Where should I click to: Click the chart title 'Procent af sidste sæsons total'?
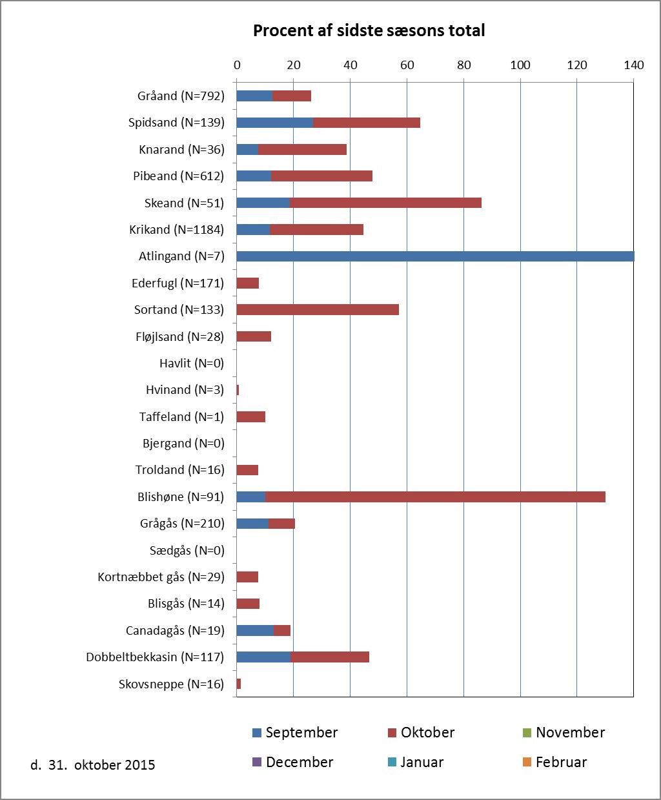[369, 30]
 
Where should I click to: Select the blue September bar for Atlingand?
[436, 256]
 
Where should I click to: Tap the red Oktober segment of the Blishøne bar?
[436, 497]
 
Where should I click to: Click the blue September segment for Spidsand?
[275, 123]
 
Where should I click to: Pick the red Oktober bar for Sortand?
[318, 309]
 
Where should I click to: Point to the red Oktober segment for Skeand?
[385, 203]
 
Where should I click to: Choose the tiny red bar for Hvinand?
[238, 390]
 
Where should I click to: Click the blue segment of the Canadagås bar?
[255, 630]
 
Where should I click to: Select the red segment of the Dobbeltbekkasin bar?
[330, 657]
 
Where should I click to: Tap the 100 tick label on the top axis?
[520, 65]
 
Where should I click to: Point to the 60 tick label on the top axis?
[407, 65]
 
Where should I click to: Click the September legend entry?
[295, 733]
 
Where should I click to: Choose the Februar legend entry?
[555, 762]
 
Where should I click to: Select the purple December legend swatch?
[257, 762]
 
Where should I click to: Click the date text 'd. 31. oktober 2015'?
[93, 765]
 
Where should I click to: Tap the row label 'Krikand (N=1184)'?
[177, 229]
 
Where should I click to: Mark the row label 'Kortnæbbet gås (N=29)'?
[161, 577]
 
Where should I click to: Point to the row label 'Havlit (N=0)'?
[192, 364]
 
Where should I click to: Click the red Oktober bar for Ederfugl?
[248, 283]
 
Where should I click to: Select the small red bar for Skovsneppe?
[239, 684]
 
